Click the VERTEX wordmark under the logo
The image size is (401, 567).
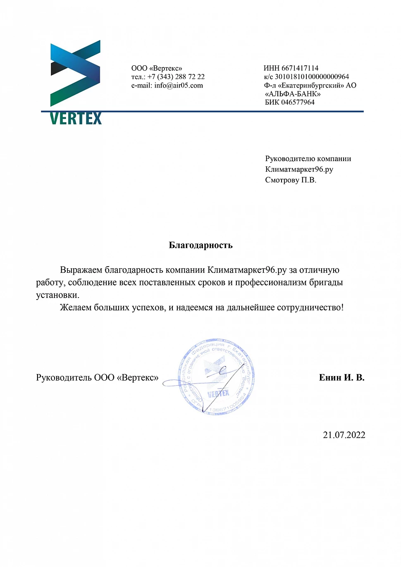76,119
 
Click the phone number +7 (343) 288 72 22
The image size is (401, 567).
176,77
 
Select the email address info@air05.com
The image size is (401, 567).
179,86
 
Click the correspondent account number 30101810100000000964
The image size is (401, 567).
312,77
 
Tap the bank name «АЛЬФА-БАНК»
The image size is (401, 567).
293,94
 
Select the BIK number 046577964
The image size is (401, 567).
298,102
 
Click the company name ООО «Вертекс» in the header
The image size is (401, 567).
157,68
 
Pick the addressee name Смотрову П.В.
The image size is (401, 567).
291,180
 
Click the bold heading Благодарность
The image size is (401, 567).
200,245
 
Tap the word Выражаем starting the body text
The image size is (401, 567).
81,270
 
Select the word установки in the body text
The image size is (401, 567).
57,295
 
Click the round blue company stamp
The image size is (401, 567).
216,376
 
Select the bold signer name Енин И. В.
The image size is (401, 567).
341,377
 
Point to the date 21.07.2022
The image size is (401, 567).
344,435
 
